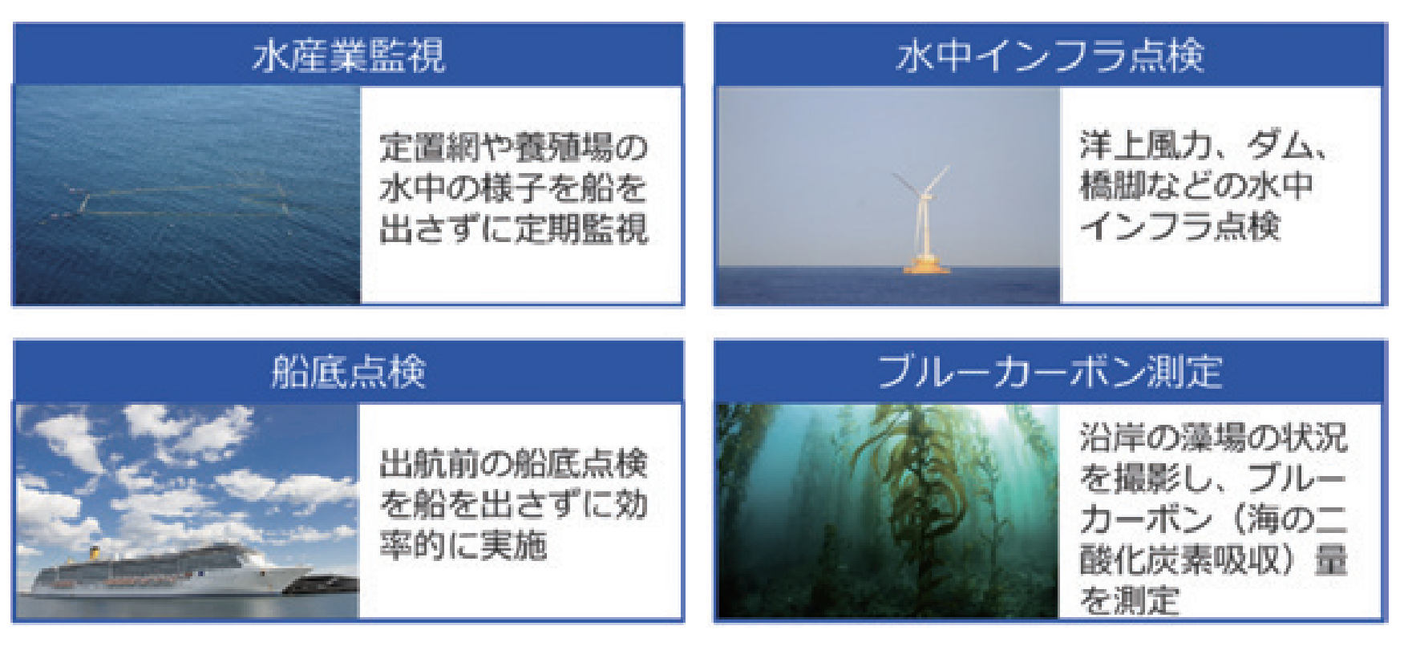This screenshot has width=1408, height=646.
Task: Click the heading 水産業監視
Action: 348,56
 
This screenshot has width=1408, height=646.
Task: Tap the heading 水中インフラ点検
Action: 1050,56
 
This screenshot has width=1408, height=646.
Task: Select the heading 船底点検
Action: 348,372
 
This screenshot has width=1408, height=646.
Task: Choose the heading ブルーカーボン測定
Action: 1050,372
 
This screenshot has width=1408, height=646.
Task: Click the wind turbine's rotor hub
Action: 922,193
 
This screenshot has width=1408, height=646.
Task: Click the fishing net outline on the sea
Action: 184,200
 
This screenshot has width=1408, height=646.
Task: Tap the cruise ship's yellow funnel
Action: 94,553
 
